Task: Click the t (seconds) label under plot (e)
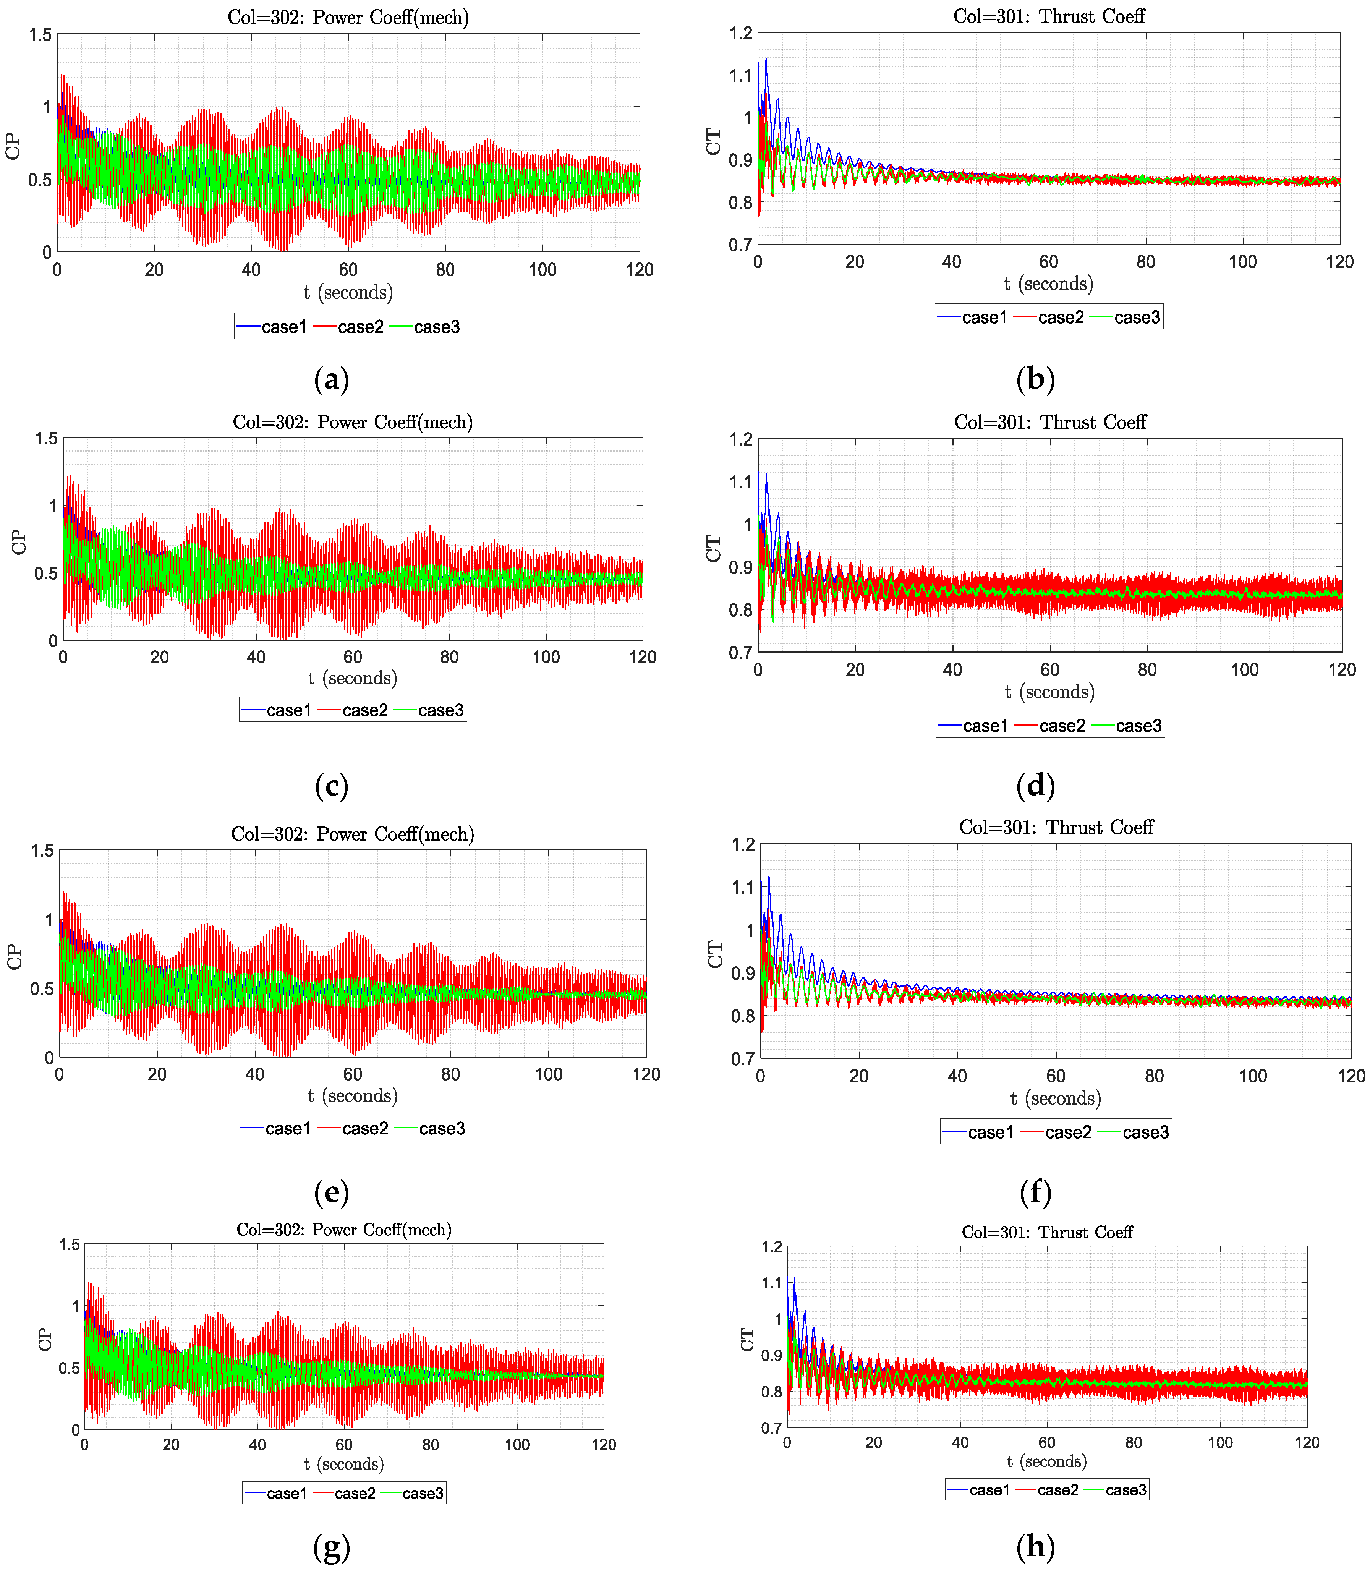tap(353, 1096)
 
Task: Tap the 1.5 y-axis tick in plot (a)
tap(40, 35)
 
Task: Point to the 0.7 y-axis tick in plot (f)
tap(743, 1059)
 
